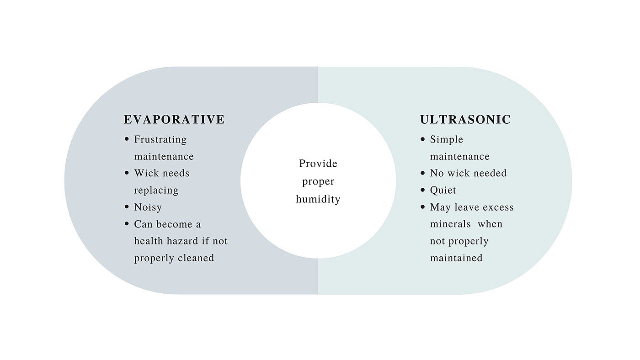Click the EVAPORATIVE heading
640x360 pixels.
pyautogui.click(x=174, y=120)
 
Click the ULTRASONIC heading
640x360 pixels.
pyautogui.click(x=465, y=120)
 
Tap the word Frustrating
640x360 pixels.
pyautogui.click(x=160, y=139)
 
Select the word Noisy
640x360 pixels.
pyautogui.click(x=148, y=207)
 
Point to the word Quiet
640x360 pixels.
pyautogui.click(x=443, y=191)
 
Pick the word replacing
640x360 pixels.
pyautogui.click(x=156, y=191)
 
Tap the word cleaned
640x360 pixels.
pyautogui.click(x=196, y=258)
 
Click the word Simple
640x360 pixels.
pyautogui.click(x=446, y=139)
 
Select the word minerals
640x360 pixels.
pyautogui.click(x=450, y=224)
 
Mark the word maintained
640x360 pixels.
pyautogui.click(x=456, y=258)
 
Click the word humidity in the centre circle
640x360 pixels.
pyautogui.click(x=318, y=200)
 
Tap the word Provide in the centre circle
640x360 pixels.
pyautogui.click(x=318, y=164)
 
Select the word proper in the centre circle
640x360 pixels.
pyautogui.click(x=318, y=182)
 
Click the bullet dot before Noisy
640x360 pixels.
pyautogui.click(x=127, y=207)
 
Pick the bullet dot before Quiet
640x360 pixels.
pyautogui.click(x=423, y=190)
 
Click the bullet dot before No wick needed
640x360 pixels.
pyautogui.click(x=423, y=173)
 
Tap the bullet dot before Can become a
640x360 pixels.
pyautogui.click(x=127, y=224)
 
